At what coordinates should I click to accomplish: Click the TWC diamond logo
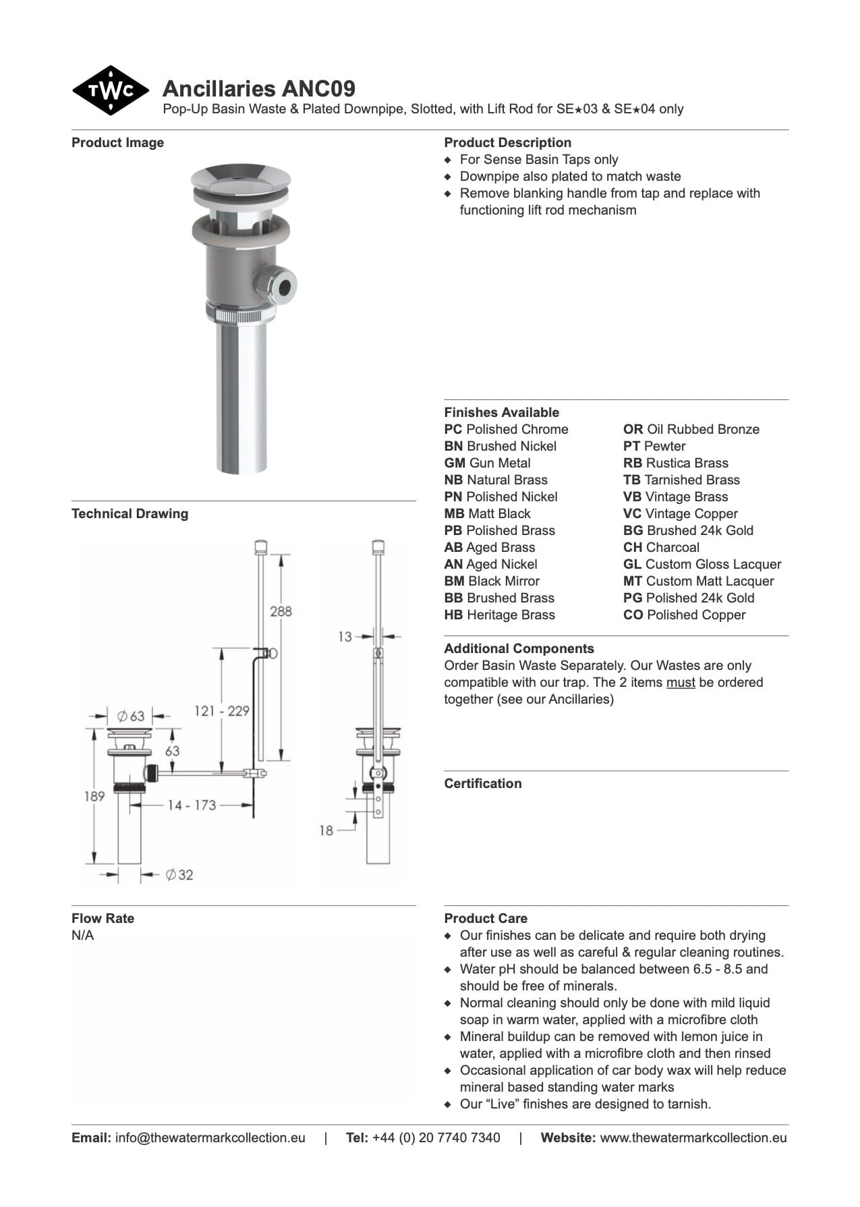coord(110,90)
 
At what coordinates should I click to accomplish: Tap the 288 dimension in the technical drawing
coord(281,611)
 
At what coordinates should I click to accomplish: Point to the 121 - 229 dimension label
coord(221,710)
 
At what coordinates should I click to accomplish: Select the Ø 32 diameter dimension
coord(179,875)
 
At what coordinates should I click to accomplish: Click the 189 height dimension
coord(94,796)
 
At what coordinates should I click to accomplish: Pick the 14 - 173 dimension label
coord(192,805)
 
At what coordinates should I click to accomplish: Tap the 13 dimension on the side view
coord(345,636)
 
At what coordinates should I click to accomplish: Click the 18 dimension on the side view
coord(326,831)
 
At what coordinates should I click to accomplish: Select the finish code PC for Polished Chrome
coord(453,430)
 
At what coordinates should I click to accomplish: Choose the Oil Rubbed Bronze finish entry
coord(691,430)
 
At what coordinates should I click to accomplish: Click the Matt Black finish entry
coord(487,514)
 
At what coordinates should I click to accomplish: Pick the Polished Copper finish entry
coord(684,615)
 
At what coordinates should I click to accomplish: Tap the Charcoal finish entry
coord(661,548)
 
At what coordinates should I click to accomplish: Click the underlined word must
coord(680,683)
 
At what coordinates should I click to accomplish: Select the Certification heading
coord(482,784)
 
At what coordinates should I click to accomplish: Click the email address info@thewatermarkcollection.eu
coord(210,1138)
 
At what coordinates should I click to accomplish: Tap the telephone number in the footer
coord(436,1138)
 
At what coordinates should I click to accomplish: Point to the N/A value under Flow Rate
coord(83,936)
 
